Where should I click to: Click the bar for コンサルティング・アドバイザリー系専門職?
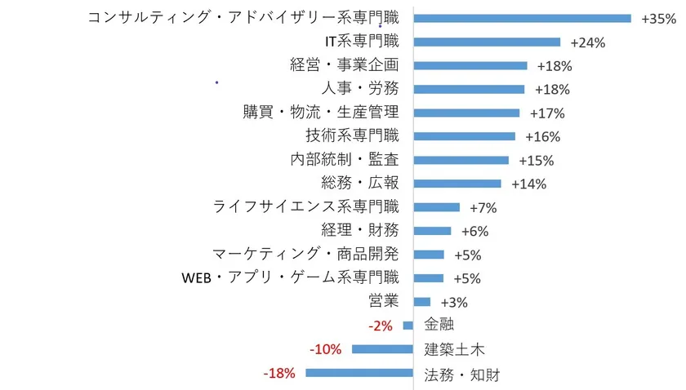(523, 18)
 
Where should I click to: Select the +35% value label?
(658, 19)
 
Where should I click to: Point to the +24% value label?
(587, 42)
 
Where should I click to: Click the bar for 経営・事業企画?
(470, 65)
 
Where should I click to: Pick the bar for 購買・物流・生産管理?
(466, 113)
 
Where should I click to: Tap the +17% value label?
(546, 113)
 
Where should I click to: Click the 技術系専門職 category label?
(353, 136)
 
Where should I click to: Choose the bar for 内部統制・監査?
(461, 160)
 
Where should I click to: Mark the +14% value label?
(528, 184)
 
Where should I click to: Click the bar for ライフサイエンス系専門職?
(437, 207)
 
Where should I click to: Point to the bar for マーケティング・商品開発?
(429, 255)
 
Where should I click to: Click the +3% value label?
(453, 302)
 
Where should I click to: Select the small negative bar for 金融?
(408, 326)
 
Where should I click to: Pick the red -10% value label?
(326, 349)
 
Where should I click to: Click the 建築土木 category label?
(455, 350)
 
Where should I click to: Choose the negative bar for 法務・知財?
(359, 373)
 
